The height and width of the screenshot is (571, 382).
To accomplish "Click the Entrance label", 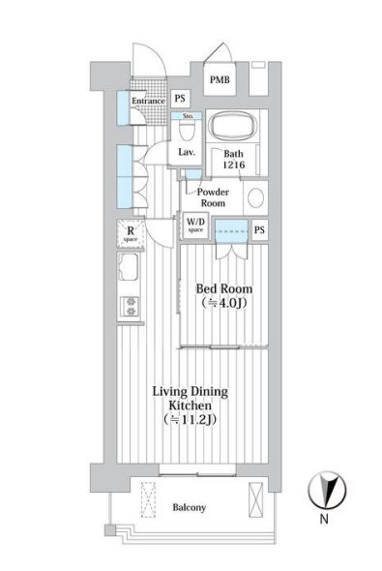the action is pyautogui.click(x=148, y=101).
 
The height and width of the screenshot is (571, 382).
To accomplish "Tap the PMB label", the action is pyautogui.click(x=220, y=79).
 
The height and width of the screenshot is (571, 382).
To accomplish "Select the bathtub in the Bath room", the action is pyautogui.click(x=233, y=125).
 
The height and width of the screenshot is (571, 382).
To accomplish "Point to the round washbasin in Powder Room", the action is pyautogui.click(x=255, y=197).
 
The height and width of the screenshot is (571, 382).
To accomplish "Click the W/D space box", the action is pyautogui.click(x=195, y=225).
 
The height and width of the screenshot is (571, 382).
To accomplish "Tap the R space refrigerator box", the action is pyautogui.click(x=131, y=233).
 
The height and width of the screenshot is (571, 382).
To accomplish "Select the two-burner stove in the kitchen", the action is pyautogui.click(x=131, y=306).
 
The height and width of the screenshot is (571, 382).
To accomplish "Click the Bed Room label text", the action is pyautogui.click(x=224, y=289).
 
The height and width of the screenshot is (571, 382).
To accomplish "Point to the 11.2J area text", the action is pyautogui.click(x=190, y=419).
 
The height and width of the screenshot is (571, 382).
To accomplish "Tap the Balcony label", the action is pyautogui.click(x=190, y=507).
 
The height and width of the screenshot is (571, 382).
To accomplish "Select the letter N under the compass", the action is pyautogui.click(x=324, y=519).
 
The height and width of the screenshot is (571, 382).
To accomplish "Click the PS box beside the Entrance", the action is pyautogui.click(x=180, y=99).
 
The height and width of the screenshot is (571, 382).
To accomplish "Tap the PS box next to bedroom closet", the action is pyautogui.click(x=259, y=229).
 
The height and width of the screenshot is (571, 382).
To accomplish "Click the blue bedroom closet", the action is pyautogui.click(x=231, y=230).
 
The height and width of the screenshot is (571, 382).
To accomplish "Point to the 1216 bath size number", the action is pyautogui.click(x=234, y=165).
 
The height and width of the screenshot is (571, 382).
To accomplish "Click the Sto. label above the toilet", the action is pyautogui.click(x=188, y=116).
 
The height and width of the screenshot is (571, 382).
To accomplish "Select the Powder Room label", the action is pyautogui.click(x=213, y=197).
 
